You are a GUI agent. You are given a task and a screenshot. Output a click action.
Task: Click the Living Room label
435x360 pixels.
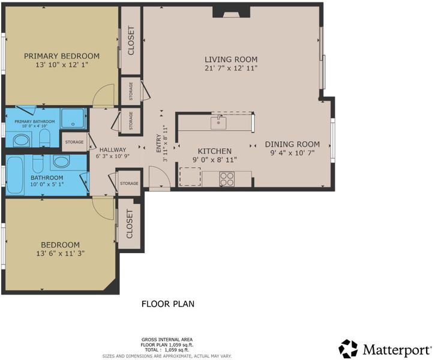(x=231, y=59)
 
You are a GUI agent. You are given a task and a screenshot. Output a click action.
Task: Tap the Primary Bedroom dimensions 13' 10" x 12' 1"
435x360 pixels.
(x=62, y=65)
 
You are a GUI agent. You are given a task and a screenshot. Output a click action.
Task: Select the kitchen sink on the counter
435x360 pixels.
(x=218, y=123)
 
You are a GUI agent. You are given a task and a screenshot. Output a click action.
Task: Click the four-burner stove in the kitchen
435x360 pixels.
(x=227, y=179)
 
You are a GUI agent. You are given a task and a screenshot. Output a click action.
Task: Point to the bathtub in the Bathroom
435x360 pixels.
(x=15, y=175)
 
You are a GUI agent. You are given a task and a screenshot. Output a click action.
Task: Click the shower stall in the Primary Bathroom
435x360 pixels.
(x=73, y=118)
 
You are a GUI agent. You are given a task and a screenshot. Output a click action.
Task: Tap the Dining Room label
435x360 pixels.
(x=292, y=144)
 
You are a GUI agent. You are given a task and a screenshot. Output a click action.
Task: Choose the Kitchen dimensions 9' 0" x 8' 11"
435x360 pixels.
(x=215, y=160)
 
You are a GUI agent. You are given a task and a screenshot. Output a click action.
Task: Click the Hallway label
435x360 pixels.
(x=113, y=150)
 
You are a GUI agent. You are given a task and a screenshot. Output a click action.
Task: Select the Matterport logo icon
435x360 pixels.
(x=348, y=349)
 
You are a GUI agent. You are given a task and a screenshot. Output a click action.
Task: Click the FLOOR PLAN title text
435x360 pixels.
(x=168, y=304)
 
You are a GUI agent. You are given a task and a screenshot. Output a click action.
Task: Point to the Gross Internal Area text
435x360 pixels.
(x=167, y=340)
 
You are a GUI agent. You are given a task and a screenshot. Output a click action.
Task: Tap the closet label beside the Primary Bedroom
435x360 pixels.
(x=131, y=40)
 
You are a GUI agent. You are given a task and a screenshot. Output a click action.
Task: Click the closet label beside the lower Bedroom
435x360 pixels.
(x=130, y=224)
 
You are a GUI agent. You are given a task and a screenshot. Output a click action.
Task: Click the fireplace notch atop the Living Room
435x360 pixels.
(x=232, y=12)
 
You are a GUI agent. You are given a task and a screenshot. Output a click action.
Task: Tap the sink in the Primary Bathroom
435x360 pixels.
(x=21, y=140)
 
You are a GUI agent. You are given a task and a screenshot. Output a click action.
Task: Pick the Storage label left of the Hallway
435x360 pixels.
(x=74, y=142)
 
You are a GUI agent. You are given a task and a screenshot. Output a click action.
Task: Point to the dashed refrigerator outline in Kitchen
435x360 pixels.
(x=190, y=176)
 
